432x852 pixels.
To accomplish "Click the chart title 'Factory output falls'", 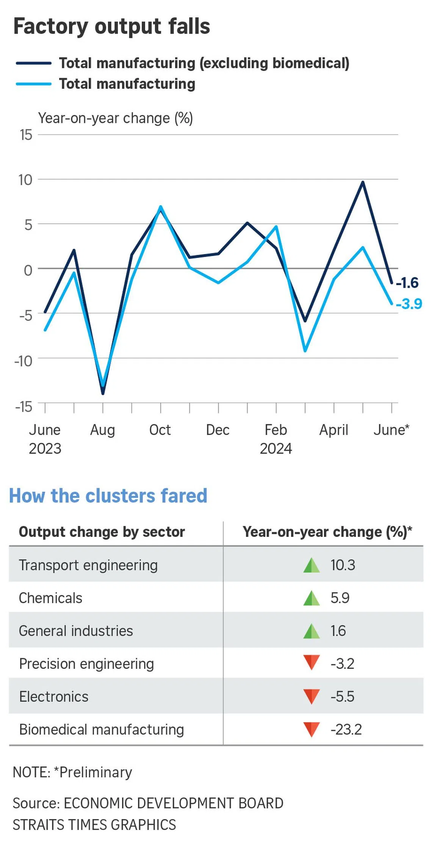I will click(x=111, y=27).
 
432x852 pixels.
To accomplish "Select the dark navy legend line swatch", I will click(x=34, y=63).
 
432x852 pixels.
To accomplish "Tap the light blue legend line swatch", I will click(x=34, y=84).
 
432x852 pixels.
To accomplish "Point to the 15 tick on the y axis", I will click(x=26, y=135).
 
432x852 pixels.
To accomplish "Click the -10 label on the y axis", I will click(x=23, y=361).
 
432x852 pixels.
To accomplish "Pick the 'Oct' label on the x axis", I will click(x=160, y=430).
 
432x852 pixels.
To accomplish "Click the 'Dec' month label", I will click(x=218, y=430).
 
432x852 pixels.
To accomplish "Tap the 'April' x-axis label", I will click(x=333, y=430).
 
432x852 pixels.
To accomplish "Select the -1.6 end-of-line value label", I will click(x=408, y=282).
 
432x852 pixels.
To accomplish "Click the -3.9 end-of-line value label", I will click(x=409, y=304).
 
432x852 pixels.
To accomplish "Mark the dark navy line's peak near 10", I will click(x=363, y=182).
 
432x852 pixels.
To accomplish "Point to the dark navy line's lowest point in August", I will click(x=103, y=393).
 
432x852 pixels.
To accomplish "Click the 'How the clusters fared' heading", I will click(x=108, y=496).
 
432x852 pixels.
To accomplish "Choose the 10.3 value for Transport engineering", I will click(x=343, y=565).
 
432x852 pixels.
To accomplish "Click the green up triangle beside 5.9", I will click(x=311, y=598).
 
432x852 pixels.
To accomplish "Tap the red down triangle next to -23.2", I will click(x=311, y=729).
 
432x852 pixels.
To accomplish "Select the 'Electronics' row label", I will click(x=54, y=697).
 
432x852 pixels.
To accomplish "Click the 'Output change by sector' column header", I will click(x=102, y=532).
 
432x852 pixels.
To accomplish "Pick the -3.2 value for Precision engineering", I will click(x=342, y=664).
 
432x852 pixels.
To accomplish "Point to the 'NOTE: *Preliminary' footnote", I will click(x=72, y=772).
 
